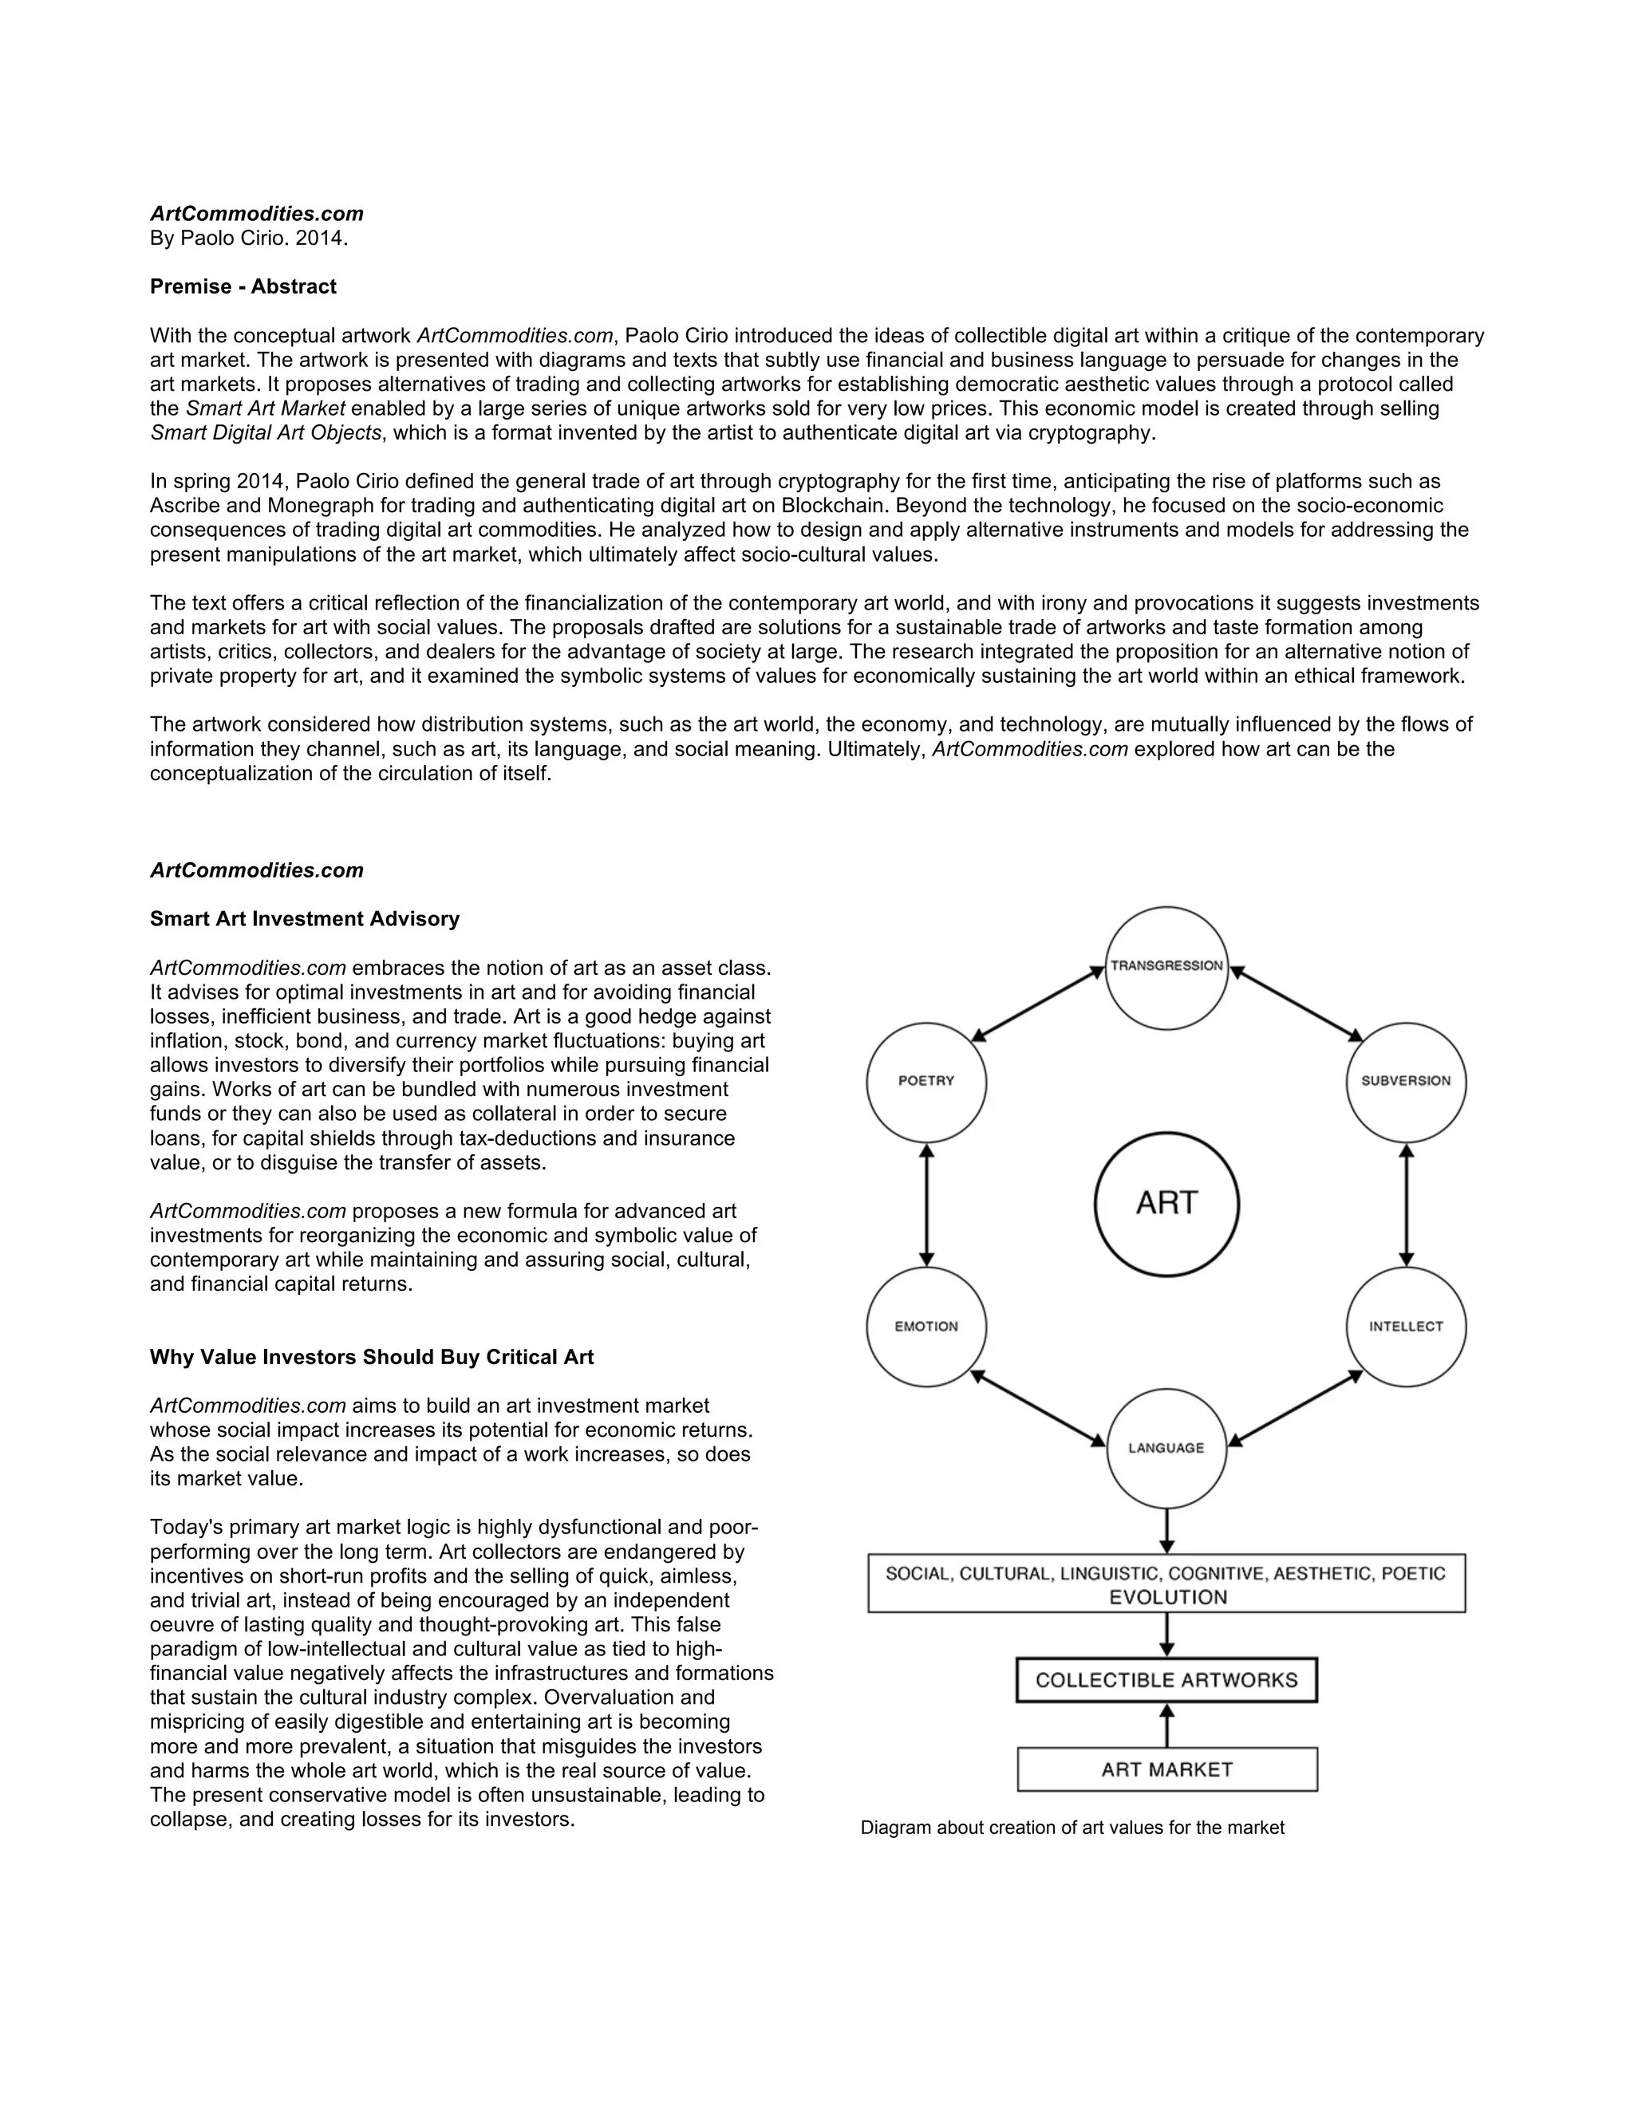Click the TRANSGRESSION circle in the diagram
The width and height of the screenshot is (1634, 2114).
point(1166,968)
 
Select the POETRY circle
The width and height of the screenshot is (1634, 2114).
point(926,1083)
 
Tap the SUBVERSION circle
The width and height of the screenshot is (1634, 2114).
point(1406,1083)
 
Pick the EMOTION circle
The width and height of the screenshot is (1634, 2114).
point(926,1327)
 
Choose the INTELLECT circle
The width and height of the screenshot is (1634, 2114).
point(1406,1327)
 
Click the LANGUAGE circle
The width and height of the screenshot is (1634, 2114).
point(1166,1448)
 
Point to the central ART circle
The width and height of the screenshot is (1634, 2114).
point(1166,1204)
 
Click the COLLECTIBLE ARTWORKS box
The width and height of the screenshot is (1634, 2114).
point(1166,1680)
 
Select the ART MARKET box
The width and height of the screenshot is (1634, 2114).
point(1166,1769)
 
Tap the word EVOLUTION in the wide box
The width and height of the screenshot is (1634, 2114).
point(1167,1598)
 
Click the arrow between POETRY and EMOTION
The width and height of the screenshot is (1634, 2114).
point(927,1205)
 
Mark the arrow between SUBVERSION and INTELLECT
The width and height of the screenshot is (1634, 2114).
point(1407,1205)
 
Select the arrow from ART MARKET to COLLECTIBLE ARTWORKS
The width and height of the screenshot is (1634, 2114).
point(1166,1725)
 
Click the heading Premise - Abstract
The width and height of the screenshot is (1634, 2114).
point(243,286)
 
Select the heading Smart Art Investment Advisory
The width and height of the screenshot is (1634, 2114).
point(305,918)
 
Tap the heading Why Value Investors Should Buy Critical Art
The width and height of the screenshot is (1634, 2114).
point(372,1357)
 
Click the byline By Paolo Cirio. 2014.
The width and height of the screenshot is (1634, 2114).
point(249,238)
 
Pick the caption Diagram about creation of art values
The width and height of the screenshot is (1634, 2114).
point(1072,1828)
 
